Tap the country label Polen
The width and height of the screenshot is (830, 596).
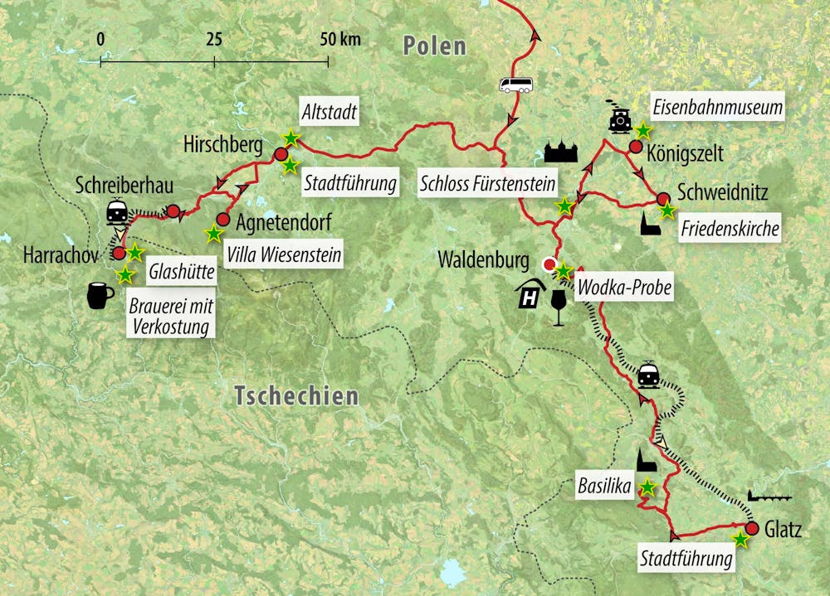pyautogui.click(x=434, y=46)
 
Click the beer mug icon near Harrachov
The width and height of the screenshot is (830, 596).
pyautogui.click(x=100, y=296)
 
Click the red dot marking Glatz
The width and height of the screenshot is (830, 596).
pyautogui.click(x=752, y=528)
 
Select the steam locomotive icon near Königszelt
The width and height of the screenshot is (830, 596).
pyautogui.click(x=618, y=120)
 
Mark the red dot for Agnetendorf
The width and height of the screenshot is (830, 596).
pyautogui.click(x=222, y=220)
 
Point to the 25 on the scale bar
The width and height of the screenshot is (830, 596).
pyautogui.click(x=214, y=39)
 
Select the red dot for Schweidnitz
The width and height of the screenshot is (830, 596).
pyautogui.click(x=663, y=199)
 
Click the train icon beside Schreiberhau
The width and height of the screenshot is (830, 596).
pyautogui.click(x=117, y=212)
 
